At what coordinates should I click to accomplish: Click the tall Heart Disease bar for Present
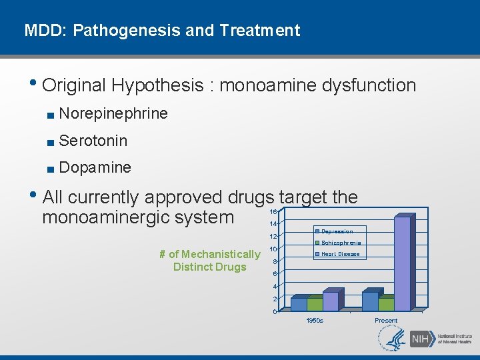click(402, 264)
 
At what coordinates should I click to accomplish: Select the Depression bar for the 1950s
click(299, 304)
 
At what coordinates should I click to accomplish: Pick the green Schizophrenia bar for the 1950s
click(315, 304)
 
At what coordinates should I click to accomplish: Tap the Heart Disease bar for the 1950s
click(331, 301)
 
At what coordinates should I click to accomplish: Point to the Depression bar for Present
click(370, 301)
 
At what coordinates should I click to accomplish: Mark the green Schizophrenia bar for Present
click(386, 304)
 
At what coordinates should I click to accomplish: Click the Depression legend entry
click(337, 231)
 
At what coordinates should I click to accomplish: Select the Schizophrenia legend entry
click(340, 243)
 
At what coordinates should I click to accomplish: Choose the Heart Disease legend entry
click(339, 254)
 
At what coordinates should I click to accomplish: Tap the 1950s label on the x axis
click(315, 321)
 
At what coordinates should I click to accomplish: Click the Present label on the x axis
click(386, 321)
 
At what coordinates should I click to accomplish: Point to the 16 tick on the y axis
click(273, 211)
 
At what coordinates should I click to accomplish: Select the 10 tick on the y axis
click(273, 249)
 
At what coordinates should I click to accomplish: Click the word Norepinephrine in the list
click(113, 114)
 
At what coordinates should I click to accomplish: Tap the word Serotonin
click(93, 141)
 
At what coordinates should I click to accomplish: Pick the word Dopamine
click(95, 167)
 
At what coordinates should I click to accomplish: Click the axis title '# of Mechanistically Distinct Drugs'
click(210, 261)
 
